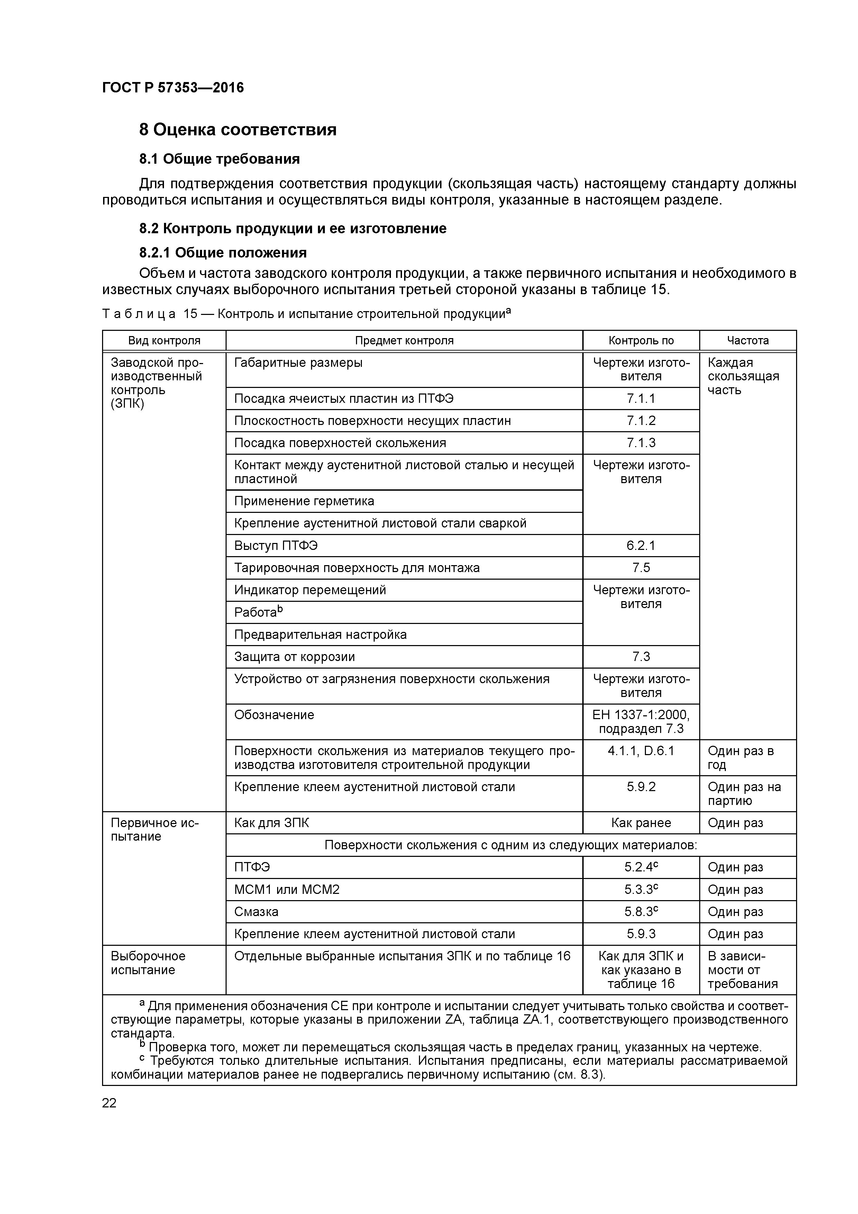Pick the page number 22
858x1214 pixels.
pos(109,1103)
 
